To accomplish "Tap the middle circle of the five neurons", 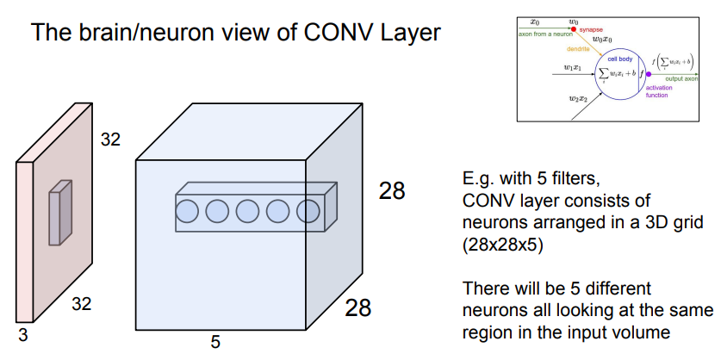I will coord(248,209).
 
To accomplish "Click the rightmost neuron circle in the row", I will coord(307,209).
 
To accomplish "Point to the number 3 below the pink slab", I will coord(22,336).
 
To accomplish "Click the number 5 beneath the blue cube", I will coord(215,342).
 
